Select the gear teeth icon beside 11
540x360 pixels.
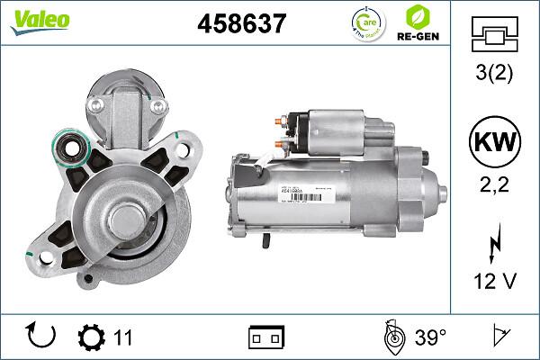(x=92, y=337)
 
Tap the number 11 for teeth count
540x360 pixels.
(x=123, y=337)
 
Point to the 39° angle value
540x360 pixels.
(x=430, y=337)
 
